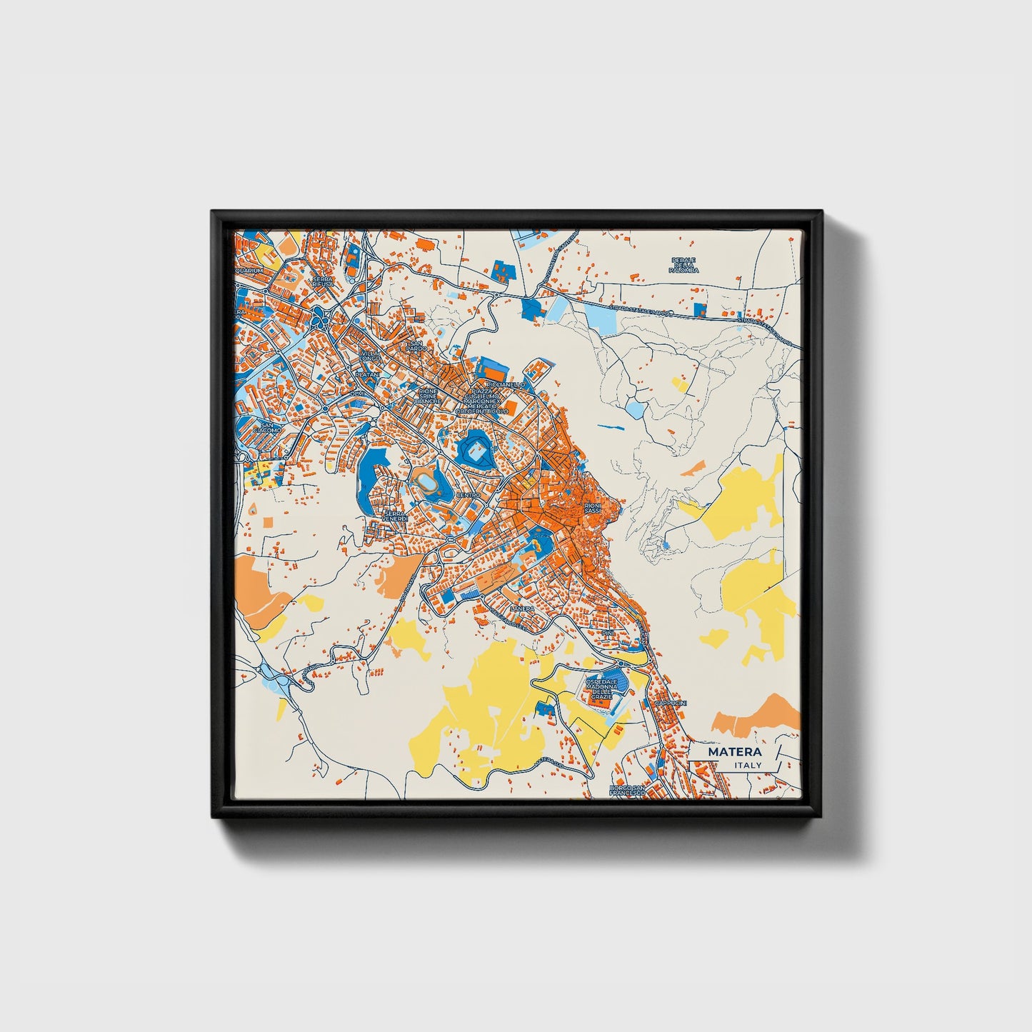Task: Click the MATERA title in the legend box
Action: (734, 752)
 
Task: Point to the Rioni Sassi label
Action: (593, 508)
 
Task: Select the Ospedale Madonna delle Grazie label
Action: (604, 689)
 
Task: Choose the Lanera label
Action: (522, 608)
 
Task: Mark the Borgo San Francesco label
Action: (628, 790)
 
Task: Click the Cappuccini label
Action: (671, 703)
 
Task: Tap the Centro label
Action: (469, 495)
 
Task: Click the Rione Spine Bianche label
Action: (428, 396)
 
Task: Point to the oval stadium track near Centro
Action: (429, 484)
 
